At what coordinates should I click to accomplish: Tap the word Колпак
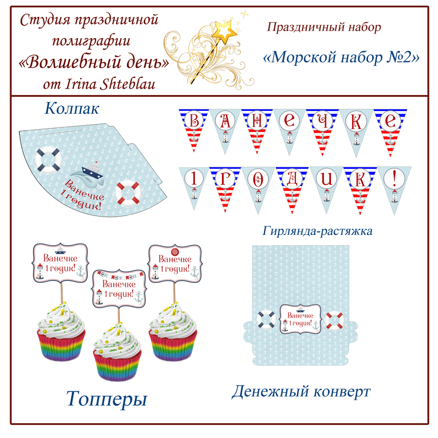pos(71,107)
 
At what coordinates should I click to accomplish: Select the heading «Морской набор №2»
pos(342,57)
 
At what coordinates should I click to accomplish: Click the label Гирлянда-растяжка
pos(318,231)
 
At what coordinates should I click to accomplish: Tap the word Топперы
pos(106,398)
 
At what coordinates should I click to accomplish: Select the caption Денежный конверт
pos(301,391)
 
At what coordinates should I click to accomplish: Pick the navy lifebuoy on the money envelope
pos(266,320)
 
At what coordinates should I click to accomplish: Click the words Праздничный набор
pos(323,27)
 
